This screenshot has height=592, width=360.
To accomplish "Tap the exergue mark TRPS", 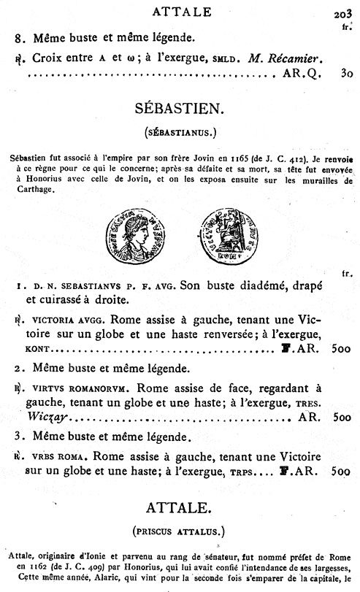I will (x=247, y=472).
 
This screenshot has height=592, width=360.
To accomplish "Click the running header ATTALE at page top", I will (x=180, y=11).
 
